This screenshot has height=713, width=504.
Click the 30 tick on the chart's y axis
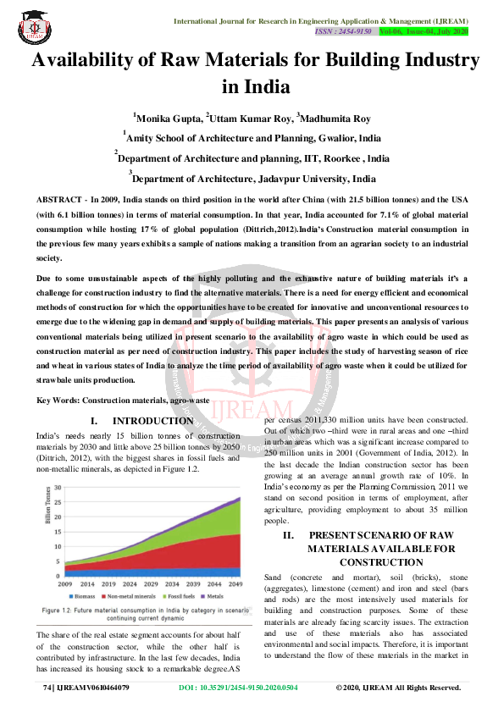tap(58, 488)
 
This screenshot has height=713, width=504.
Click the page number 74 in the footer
tap(47, 688)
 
